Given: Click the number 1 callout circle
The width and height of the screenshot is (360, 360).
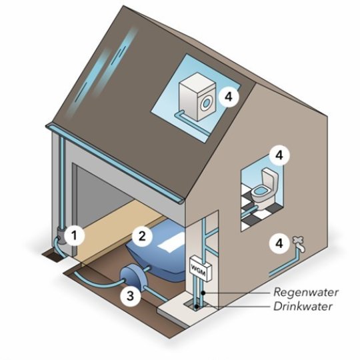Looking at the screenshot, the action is pyautogui.click(x=74, y=235).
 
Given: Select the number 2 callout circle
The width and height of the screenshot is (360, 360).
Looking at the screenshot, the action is pyautogui.click(x=142, y=236).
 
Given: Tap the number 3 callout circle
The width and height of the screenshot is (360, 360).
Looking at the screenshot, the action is pyautogui.click(x=130, y=295).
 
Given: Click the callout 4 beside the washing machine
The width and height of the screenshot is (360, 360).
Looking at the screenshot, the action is pyautogui.click(x=229, y=97).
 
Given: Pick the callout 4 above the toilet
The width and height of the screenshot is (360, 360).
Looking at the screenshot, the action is pyautogui.click(x=279, y=155).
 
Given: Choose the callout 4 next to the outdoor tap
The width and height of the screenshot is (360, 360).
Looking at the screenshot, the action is pyautogui.click(x=279, y=243).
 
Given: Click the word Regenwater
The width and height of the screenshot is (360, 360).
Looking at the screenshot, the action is pyautogui.click(x=306, y=292).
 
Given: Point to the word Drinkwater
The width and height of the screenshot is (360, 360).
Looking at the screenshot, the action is pyautogui.click(x=303, y=306).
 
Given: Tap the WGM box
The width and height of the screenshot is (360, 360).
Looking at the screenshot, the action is pyautogui.click(x=200, y=269).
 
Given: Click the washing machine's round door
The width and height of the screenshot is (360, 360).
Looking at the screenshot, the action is pyautogui.click(x=207, y=103).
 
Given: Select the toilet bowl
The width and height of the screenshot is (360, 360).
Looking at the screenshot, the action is pyautogui.click(x=261, y=194).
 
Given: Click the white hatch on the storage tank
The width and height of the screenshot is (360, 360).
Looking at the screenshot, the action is pyautogui.click(x=171, y=243).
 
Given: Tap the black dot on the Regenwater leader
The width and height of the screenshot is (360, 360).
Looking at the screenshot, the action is pyautogui.click(x=203, y=293).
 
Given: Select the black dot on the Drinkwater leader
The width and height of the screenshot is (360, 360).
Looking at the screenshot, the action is pyautogui.click(x=197, y=307).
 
